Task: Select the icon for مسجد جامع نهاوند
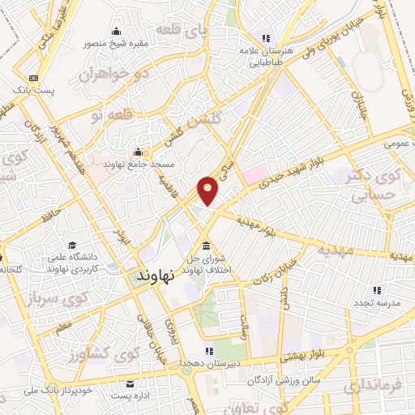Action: [139, 152]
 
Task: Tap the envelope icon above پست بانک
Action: [33, 77]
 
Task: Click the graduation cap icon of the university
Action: [73, 246]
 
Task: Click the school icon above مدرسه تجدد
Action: [376, 290]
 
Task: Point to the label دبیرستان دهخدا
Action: [212, 363]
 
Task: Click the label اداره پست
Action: [129, 395]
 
